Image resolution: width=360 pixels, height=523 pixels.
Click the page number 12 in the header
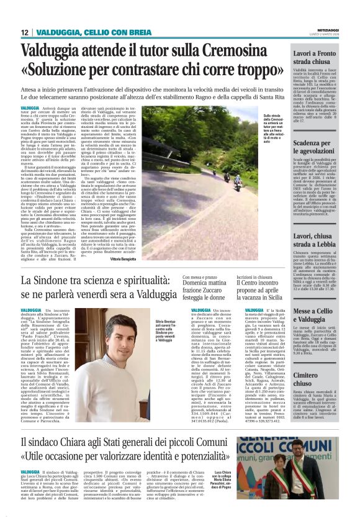click(x=24, y=32)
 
